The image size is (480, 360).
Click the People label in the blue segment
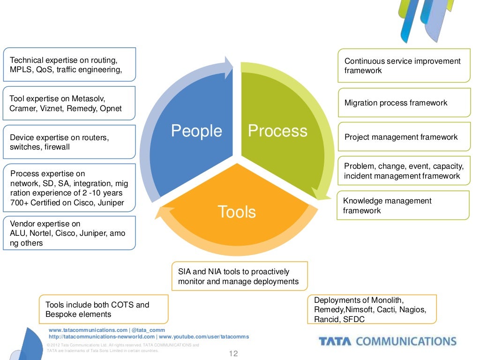point(196,131)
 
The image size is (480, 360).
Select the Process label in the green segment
point(277,131)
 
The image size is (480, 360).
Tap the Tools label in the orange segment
point(237,212)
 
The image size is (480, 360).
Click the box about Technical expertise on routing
point(69,65)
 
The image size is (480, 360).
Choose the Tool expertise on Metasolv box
point(69,103)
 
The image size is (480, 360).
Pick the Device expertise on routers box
point(69,142)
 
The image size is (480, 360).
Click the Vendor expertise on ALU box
point(69,233)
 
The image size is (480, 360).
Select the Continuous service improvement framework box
point(404,66)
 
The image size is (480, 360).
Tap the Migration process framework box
point(404,103)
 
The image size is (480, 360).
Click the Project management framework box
point(404,137)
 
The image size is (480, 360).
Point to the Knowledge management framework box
point(403,205)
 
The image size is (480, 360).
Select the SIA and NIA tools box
point(240,277)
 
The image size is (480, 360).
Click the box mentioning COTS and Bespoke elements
point(104,309)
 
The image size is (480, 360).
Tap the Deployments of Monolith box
point(372,309)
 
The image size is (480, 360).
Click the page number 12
point(233,353)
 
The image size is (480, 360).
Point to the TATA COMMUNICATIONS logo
point(387,341)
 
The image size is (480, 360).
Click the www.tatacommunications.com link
point(88,330)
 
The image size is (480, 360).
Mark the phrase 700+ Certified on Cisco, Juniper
point(67,203)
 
